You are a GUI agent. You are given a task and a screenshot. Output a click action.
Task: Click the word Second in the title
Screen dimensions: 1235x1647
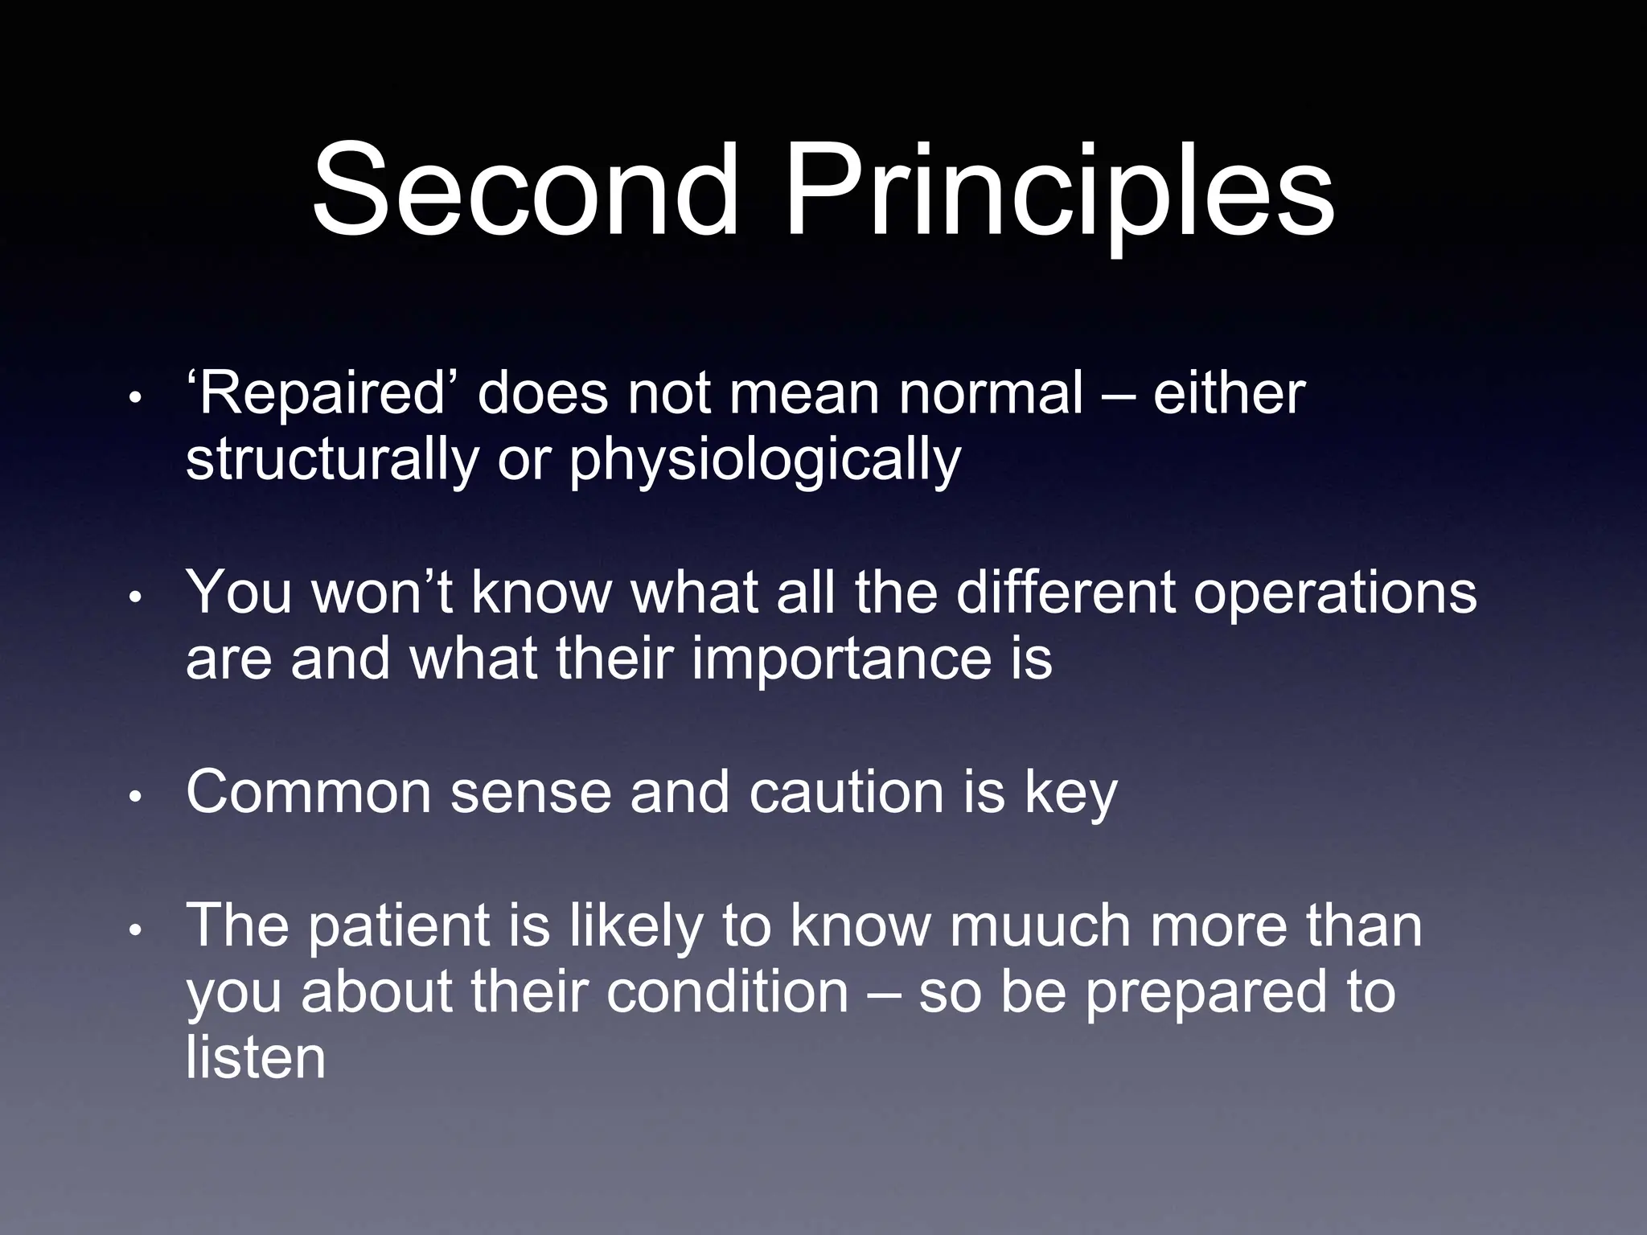(x=524, y=191)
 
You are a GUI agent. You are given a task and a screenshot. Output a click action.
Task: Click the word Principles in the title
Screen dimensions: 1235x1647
(x=1060, y=191)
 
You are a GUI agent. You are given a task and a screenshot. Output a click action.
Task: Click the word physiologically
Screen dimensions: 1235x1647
(x=766, y=462)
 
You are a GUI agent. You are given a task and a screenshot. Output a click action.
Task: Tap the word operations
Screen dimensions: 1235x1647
(x=1335, y=593)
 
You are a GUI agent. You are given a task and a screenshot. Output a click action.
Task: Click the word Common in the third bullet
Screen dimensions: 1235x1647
(x=308, y=792)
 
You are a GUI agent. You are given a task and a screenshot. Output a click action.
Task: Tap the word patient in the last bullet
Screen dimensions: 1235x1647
(x=399, y=925)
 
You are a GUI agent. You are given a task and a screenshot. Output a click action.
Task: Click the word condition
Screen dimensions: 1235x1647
(x=727, y=992)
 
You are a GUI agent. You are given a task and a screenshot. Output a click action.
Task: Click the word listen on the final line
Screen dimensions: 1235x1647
(x=256, y=1057)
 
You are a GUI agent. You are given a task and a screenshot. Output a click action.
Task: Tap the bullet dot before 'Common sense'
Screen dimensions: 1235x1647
(x=136, y=797)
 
